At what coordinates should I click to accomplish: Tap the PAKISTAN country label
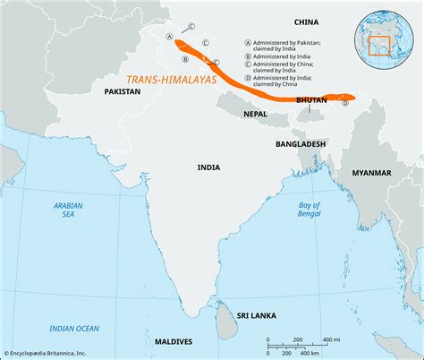pos(123,91)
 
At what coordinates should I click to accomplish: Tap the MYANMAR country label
pos(371,171)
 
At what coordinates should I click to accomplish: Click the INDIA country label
pos(210,167)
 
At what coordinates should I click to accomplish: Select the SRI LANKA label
pos(255,315)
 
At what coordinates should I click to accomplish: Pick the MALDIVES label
pos(173,342)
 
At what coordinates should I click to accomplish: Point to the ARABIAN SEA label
pos(61,210)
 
